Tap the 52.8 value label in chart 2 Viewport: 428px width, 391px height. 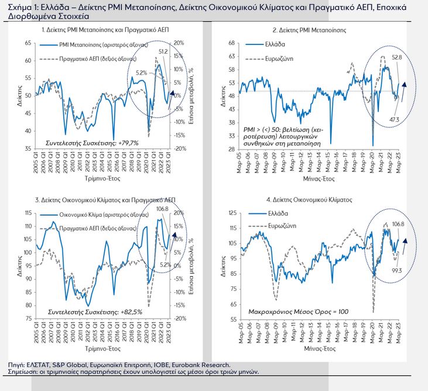pyautogui.click(x=397, y=57)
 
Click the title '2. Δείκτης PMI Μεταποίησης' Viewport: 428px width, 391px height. pyautogui.click(x=309, y=29)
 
